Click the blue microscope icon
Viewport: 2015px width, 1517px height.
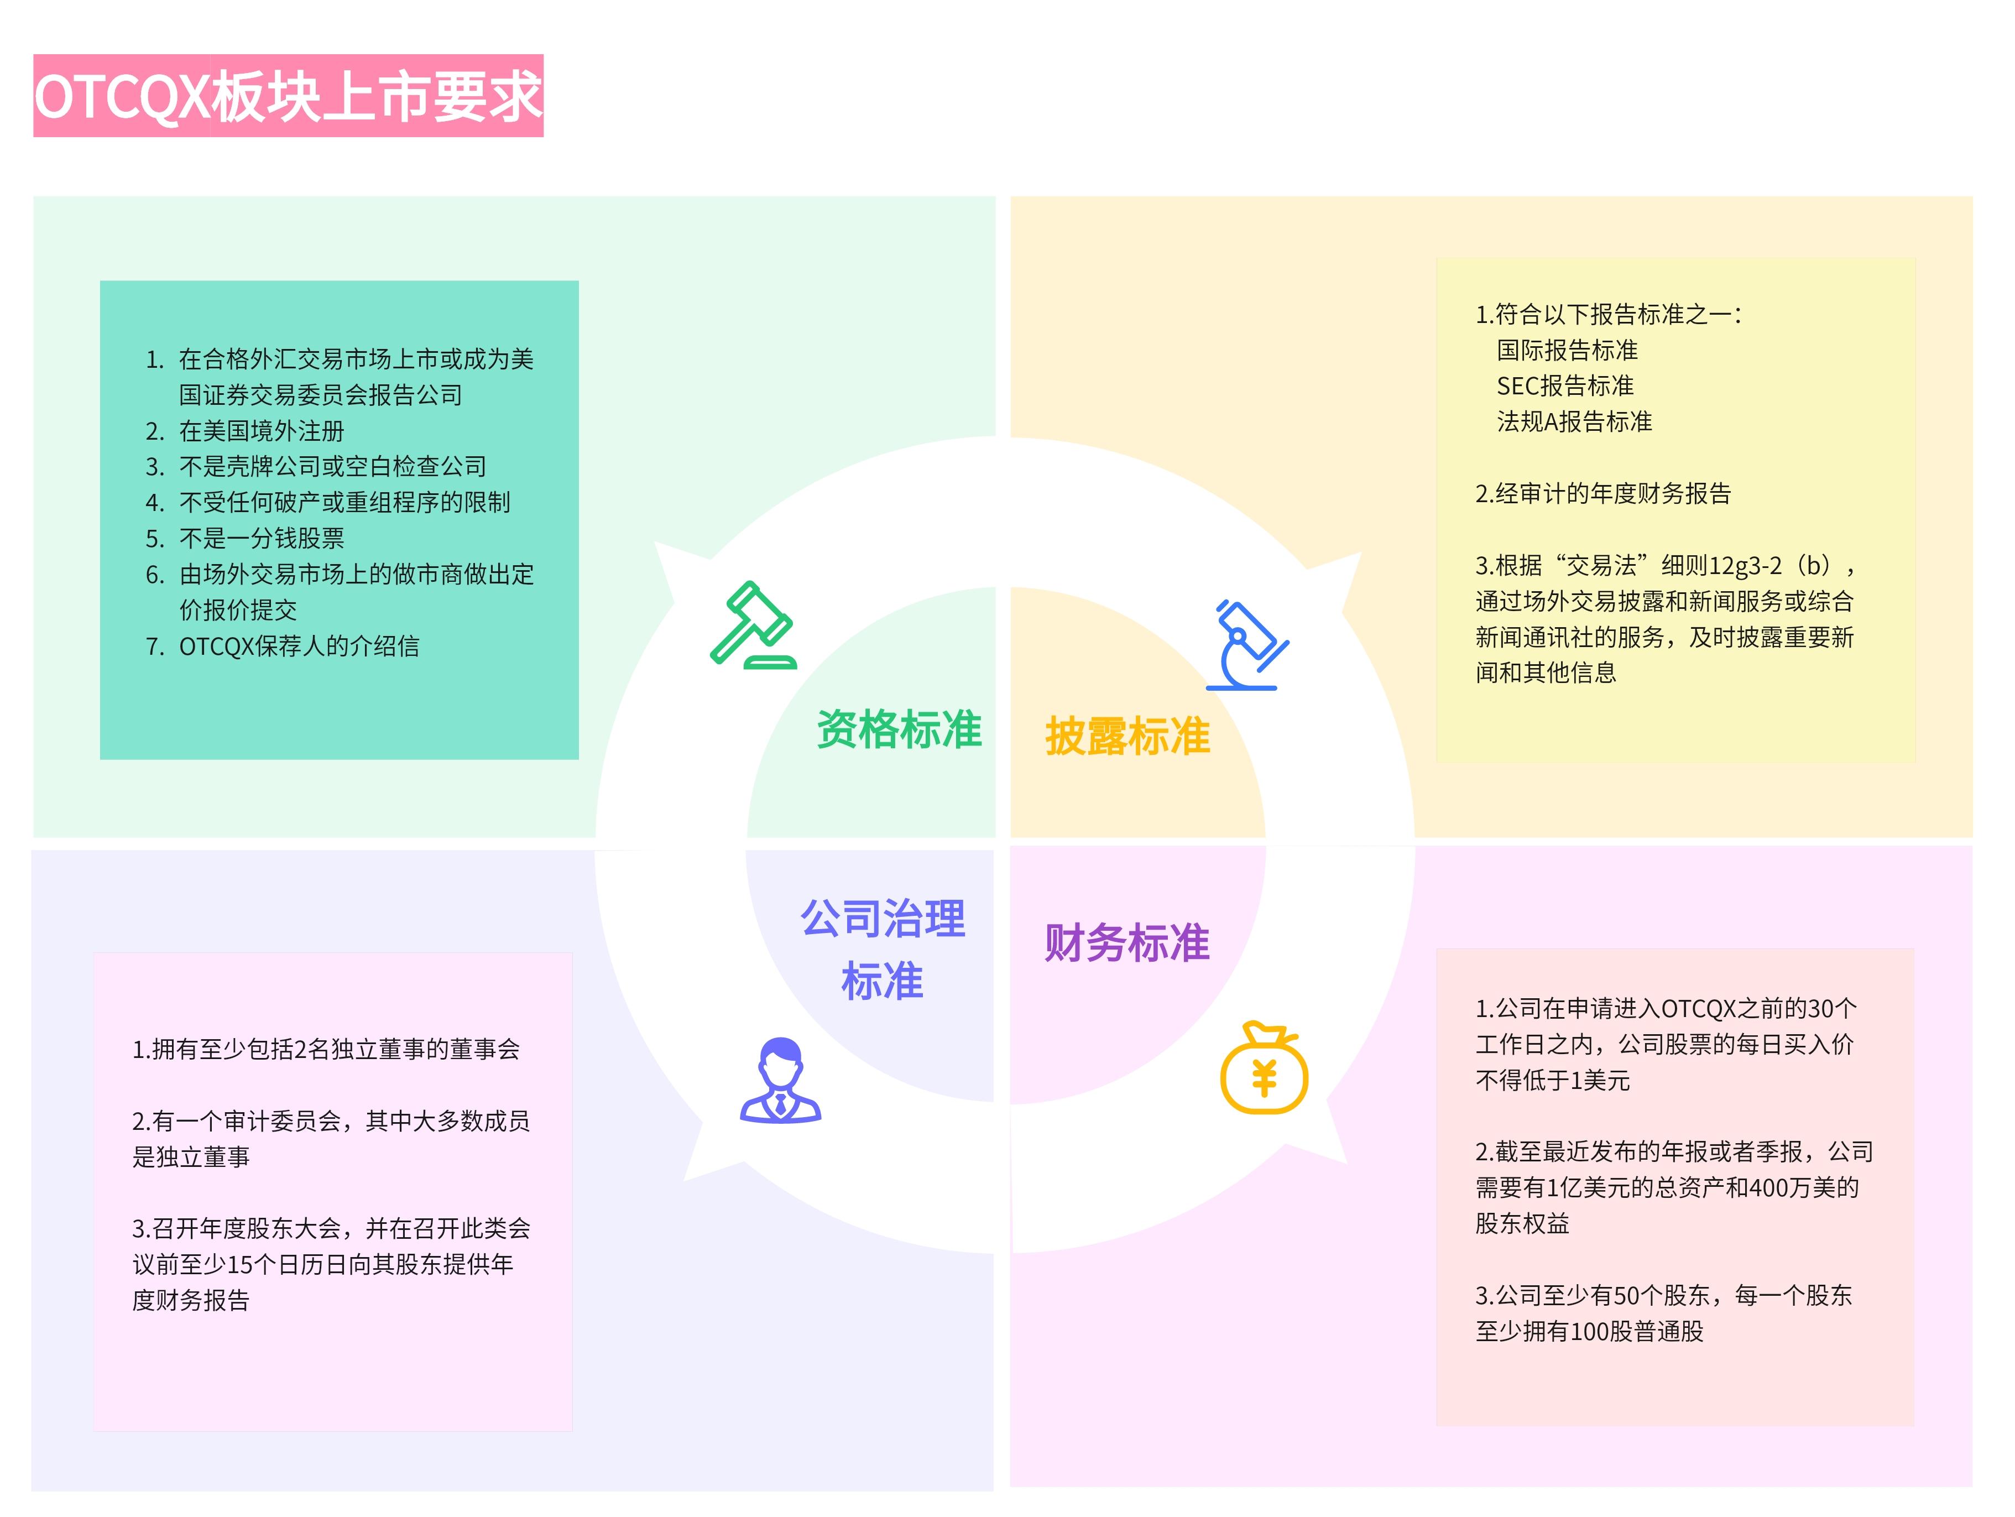[1246, 645]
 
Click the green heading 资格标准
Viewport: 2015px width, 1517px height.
[899, 730]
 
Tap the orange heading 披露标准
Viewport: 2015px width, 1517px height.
[1127, 736]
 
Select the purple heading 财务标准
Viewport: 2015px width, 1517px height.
[1127, 942]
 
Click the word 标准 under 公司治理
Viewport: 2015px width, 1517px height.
[882, 981]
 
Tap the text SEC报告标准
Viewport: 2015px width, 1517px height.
[1565, 387]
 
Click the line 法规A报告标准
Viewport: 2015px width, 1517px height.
[1574, 422]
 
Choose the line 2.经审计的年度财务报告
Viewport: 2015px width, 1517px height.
[1602, 494]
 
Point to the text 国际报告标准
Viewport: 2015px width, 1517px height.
[1567, 350]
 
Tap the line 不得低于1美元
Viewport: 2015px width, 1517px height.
[1552, 1081]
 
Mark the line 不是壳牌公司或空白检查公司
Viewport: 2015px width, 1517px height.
[332, 466]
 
